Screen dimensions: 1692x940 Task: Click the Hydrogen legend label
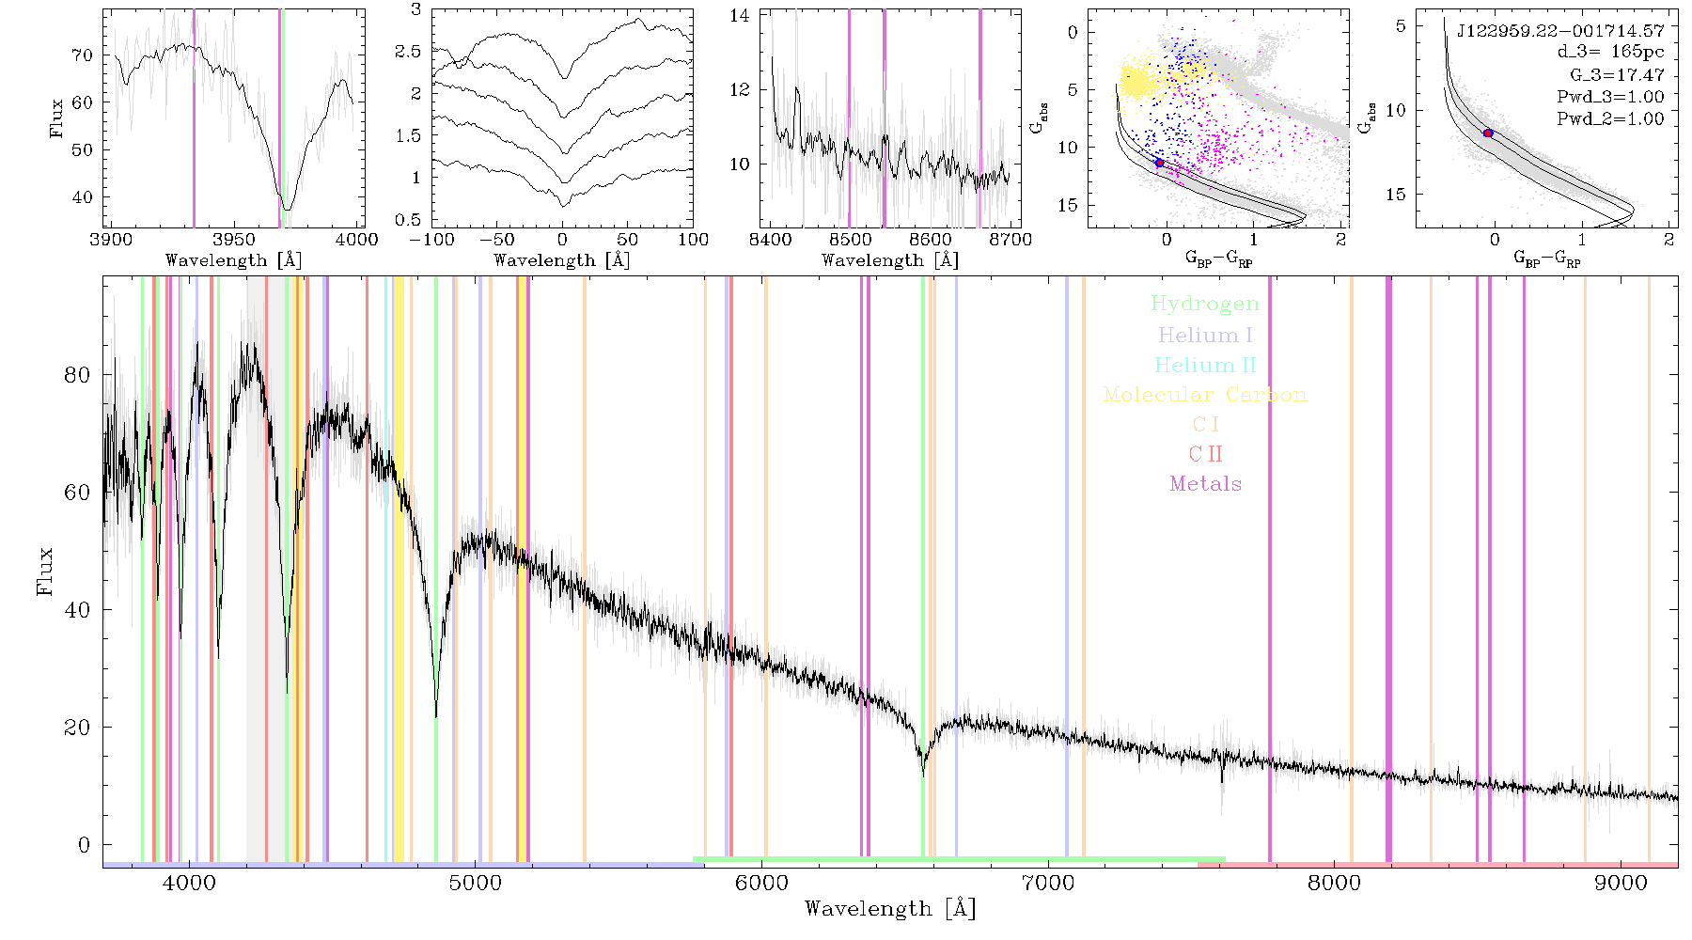[1205, 304]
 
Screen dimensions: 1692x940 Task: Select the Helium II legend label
[1205, 365]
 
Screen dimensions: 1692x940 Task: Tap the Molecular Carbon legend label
[1205, 395]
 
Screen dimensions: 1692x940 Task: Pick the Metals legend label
[1206, 484]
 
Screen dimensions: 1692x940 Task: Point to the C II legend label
[1205, 454]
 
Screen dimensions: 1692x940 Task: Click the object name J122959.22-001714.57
[1560, 30]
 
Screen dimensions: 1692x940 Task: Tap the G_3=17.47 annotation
[1610, 74]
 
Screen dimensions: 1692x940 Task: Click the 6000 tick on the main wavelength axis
[761, 883]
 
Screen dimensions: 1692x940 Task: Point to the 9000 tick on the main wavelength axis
[1621, 883]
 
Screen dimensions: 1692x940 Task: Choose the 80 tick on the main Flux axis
[77, 374]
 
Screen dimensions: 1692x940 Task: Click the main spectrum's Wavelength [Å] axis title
[890, 908]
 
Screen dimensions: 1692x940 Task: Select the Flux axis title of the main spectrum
[44, 571]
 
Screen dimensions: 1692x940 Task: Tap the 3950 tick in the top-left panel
[233, 239]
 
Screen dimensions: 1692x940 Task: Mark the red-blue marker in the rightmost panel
[1488, 133]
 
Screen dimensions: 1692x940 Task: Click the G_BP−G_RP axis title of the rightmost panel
[1546, 258]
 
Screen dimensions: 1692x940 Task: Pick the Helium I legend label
[1205, 335]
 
